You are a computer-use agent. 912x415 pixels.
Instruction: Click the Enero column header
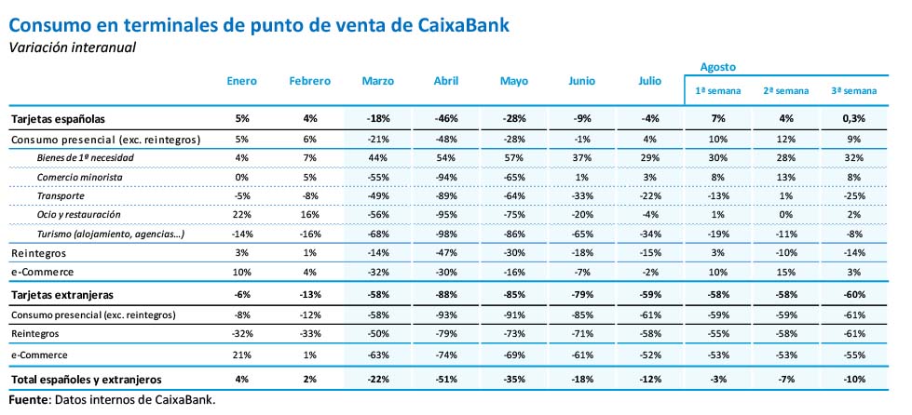pos(242,82)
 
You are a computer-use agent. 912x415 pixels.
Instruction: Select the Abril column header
pos(446,82)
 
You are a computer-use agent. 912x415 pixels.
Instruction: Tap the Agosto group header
pos(717,67)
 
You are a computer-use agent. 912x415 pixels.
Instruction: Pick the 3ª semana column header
pos(853,91)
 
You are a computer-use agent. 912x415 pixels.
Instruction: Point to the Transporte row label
pos(62,195)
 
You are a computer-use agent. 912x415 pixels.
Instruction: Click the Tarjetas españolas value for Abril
pos(446,119)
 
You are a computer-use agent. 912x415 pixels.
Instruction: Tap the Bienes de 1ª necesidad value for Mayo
pos(514,158)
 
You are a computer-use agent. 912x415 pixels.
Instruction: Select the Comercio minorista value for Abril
pos(446,177)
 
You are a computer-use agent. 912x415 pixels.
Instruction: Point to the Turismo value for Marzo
pos(377,233)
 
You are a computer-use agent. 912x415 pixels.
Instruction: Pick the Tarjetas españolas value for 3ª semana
pos(853,119)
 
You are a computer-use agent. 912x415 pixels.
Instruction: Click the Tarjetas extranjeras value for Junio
pos(582,294)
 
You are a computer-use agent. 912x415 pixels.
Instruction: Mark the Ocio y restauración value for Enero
pos(242,214)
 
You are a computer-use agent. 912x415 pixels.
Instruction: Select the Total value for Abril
pos(446,380)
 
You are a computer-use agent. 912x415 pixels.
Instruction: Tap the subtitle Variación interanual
pos(73,47)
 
